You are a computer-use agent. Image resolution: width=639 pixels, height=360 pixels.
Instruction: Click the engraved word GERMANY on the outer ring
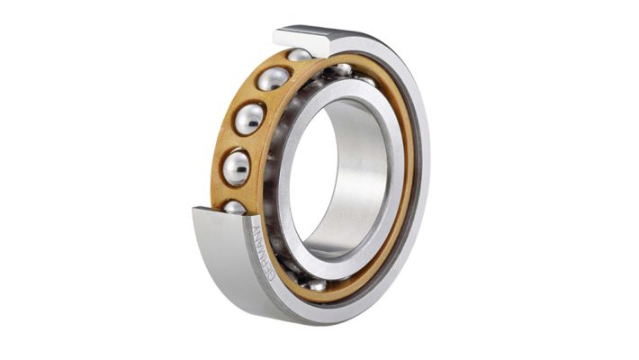coord(263,253)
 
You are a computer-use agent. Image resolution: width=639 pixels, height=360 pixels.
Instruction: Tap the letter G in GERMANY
coord(271,277)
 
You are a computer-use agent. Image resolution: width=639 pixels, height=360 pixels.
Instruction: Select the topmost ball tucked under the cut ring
coord(300,55)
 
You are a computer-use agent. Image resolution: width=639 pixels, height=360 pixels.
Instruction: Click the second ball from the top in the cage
coord(274,78)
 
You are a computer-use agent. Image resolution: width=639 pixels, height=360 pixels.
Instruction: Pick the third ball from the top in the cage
coord(249,119)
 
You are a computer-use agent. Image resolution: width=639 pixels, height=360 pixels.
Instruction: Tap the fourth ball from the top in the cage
coord(237,168)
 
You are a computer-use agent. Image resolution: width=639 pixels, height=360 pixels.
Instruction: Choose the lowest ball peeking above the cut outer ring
coord(234,208)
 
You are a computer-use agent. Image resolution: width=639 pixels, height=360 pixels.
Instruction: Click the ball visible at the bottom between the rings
coord(317,284)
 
